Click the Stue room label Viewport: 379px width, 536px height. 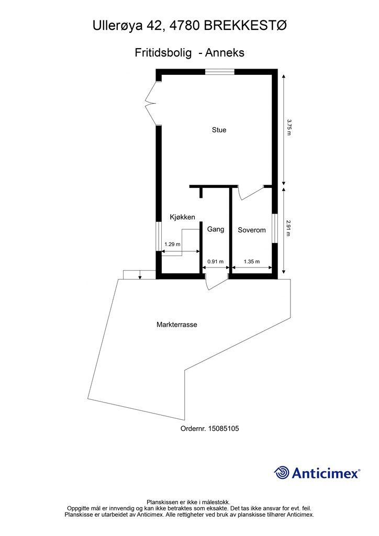219,130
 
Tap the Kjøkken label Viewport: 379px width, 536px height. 183,217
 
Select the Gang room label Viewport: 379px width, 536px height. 216,229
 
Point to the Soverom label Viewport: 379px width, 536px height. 251,230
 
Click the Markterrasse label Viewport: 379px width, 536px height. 177,325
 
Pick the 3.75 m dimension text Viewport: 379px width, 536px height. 289,128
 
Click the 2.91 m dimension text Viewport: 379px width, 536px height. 289,228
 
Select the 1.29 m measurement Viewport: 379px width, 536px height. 172,244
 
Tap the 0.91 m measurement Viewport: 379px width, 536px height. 215,262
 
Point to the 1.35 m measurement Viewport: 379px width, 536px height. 251,262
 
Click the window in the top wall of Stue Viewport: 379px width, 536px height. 219,72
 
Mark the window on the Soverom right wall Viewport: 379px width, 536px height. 274,228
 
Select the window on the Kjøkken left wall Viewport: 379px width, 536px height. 158,237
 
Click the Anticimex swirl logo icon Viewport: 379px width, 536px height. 282,473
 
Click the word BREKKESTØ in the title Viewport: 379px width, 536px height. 246,26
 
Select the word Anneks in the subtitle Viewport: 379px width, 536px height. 225,53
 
